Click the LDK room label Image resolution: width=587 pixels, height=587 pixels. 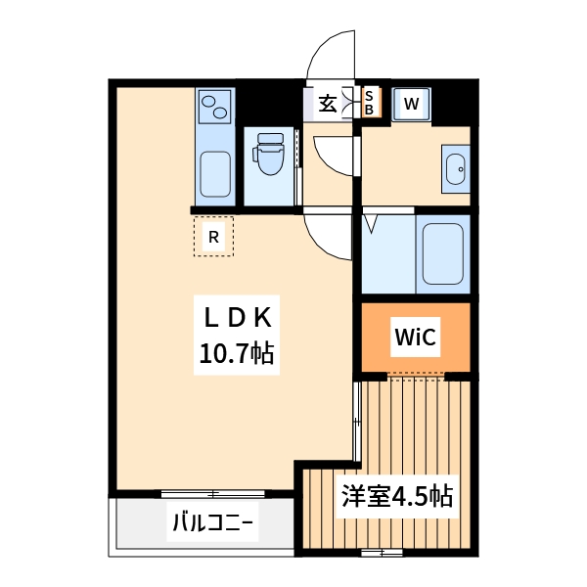point(242,318)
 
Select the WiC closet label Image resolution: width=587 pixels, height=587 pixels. point(415,338)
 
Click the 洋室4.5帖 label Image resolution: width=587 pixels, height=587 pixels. point(396,496)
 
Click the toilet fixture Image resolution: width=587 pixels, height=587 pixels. point(266,157)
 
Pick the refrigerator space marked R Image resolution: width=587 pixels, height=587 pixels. point(213,236)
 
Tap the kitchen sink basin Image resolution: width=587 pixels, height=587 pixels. point(215,173)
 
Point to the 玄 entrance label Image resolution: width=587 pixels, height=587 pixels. point(327,102)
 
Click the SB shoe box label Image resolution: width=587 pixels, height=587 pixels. point(369,102)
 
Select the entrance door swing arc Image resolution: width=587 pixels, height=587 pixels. point(331,54)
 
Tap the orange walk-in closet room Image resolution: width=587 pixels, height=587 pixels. point(416,338)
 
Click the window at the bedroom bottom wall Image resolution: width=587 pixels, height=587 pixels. point(382,554)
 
